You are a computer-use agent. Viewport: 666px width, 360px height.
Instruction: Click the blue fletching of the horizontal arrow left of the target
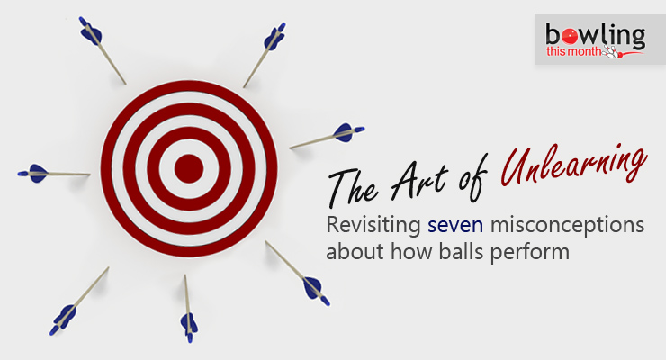coord(34,172)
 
